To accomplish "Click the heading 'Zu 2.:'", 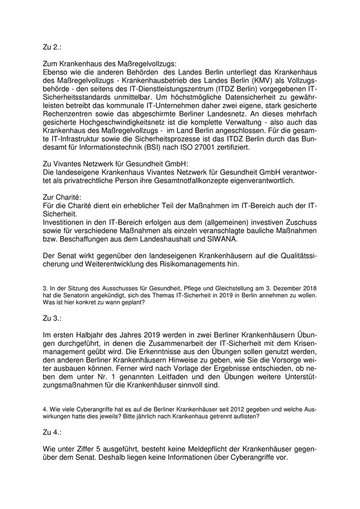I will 52,47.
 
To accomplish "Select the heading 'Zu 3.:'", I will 52,318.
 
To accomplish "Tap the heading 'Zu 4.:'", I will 52,432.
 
